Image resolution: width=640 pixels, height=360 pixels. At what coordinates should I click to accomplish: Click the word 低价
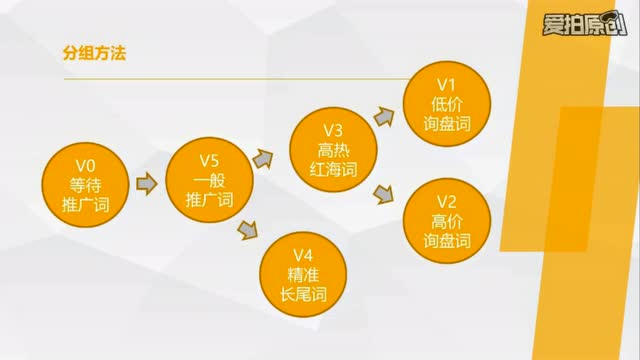click(x=447, y=104)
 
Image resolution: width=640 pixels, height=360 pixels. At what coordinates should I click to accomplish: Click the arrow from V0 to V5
click(x=146, y=183)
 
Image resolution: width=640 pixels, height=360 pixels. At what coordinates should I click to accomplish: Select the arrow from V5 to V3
click(x=263, y=158)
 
